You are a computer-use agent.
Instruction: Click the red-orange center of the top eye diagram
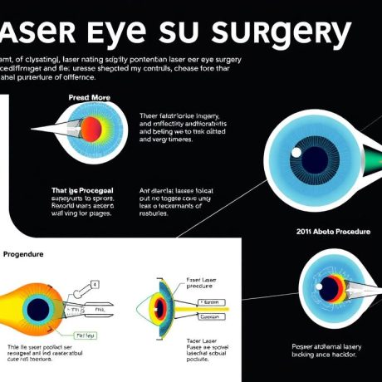tap(91, 128)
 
